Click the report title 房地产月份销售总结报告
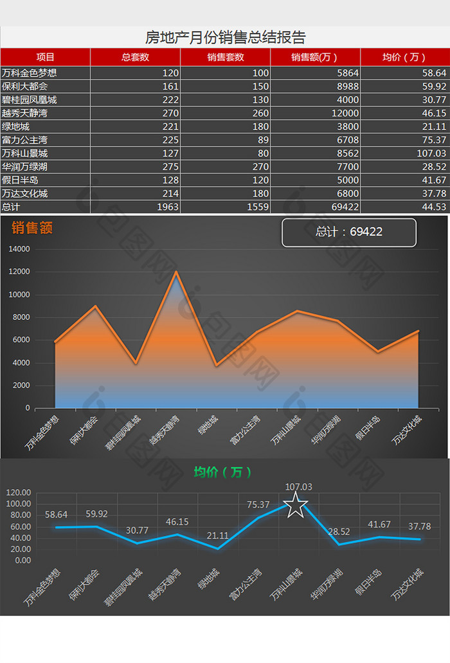(225, 37)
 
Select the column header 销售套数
(226, 57)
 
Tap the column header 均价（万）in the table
(404, 57)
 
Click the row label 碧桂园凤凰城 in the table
(30, 100)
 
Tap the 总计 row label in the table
(11, 207)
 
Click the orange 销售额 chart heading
(32, 228)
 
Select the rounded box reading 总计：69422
(349, 232)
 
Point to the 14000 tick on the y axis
(19, 249)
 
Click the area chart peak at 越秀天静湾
(175, 272)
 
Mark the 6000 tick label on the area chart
(21, 340)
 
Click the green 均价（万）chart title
(222, 472)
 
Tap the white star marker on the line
(296, 506)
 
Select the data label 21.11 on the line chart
(217, 536)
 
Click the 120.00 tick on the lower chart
(18, 492)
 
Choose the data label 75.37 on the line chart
(258, 505)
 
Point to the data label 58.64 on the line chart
(56, 514)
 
